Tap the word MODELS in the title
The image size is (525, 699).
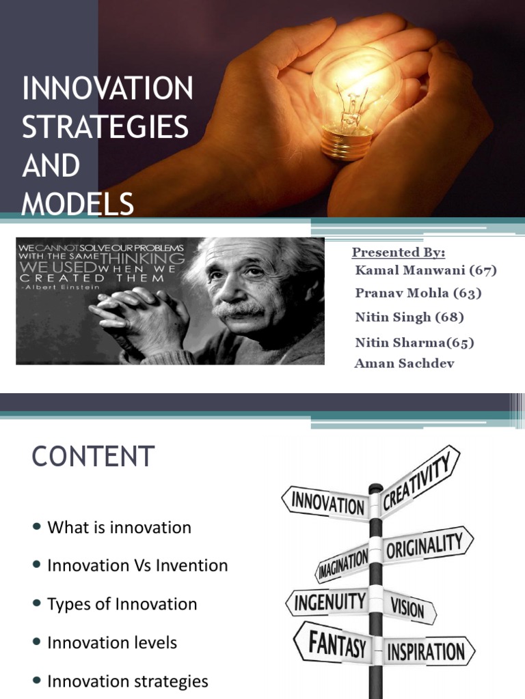coord(77,203)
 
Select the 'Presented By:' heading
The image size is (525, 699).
coord(398,253)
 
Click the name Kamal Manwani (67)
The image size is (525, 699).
coord(425,270)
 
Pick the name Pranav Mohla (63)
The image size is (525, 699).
coord(418,294)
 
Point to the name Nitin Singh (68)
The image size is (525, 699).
coord(409,317)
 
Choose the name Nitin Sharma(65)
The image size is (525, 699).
coord(414,342)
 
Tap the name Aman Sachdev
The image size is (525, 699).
coord(404,363)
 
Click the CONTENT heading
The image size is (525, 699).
coord(93,456)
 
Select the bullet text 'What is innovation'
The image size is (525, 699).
coord(119,527)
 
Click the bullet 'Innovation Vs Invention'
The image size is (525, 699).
coord(137,565)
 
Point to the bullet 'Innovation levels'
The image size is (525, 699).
coord(112,642)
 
